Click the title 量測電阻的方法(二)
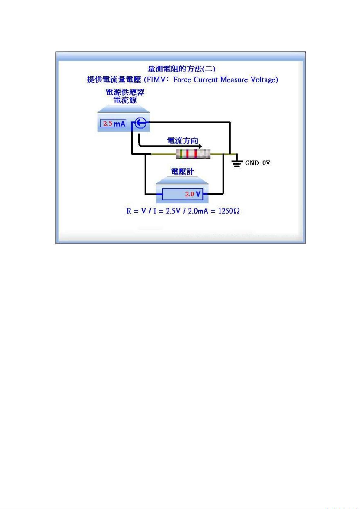tap(181, 69)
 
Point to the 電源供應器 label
tap(125, 92)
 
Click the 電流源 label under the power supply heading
tap(125, 100)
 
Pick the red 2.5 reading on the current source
tap(108, 123)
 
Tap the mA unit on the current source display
tap(119, 124)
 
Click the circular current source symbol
tap(141, 123)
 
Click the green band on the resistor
tap(181, 154)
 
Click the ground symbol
tap(237, 162)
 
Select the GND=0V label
tap(257, 163)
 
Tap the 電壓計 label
tap(182, 172)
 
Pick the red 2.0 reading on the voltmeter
tap(190, 194)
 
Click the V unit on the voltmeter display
tap(198, 194)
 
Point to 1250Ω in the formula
tap(229, 211)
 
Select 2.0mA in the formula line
tap(198, 211)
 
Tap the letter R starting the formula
tap(129, 211)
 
